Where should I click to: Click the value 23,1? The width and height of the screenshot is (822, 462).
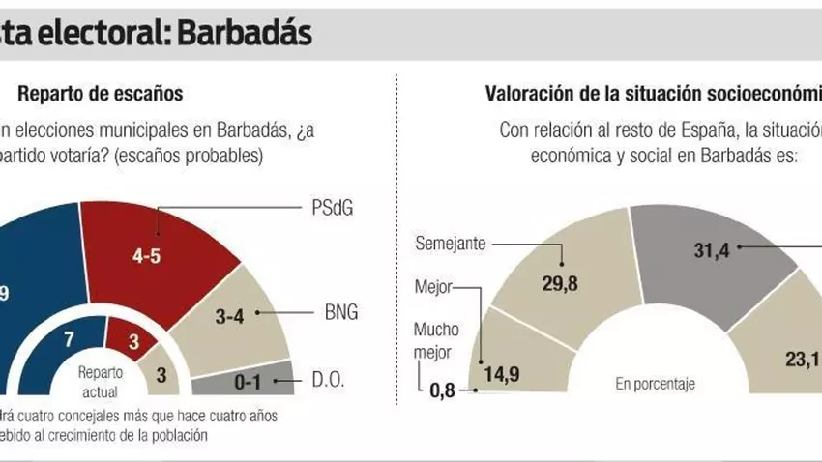click(x=802, y=360)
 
